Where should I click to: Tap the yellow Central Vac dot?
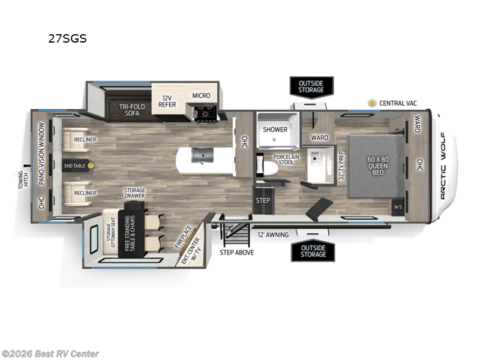tap(372, 103)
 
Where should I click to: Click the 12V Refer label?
tap(167, 100)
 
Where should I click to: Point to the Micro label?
tap(201, 95)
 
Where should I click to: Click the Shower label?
tap(275, 129)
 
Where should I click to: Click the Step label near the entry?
tap(263, 200)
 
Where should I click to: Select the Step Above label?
tap(236, 252)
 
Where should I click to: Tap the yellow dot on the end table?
tap(91, 164)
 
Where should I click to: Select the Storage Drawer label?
tap(134, 194)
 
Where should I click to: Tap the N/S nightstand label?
tap(398, 208)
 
